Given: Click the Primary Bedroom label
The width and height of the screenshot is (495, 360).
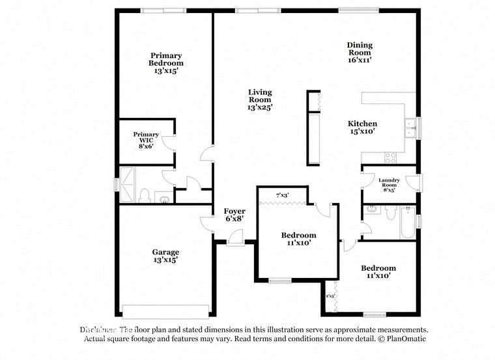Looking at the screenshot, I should [x=165, y=59].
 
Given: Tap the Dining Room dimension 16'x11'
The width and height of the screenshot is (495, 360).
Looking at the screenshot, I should [x=360, y=59].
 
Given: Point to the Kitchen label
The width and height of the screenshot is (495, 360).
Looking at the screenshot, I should [x=362, y=124].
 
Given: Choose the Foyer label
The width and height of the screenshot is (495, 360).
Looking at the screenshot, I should [x=234, y=211].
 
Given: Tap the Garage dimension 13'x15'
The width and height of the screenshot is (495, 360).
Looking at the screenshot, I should [x=165, y=260].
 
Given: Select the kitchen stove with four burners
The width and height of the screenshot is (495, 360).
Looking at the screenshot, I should [x=391, y=157].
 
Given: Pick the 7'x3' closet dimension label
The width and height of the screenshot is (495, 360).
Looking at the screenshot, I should [x=282, y=195].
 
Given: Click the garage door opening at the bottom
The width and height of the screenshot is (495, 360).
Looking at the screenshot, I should [x=166, y=309].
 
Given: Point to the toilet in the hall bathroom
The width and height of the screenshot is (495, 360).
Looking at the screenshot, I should [x=389, y=212].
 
